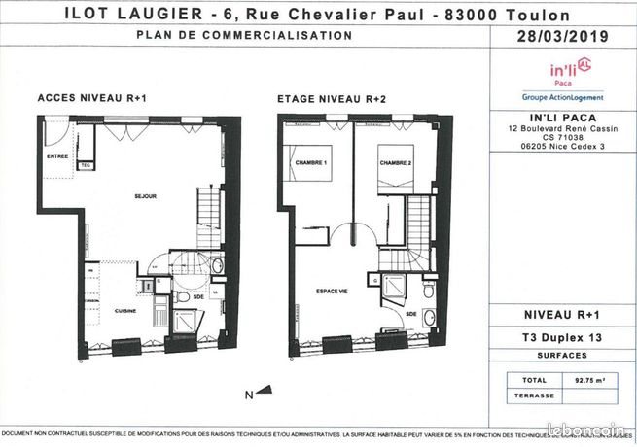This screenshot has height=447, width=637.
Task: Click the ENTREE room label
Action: point(56,155)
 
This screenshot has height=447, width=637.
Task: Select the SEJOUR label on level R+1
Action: point(145,196)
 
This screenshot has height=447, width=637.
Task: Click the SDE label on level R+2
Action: point(410,314)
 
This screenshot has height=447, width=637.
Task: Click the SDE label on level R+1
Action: point(198,296)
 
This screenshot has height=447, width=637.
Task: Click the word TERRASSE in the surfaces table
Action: point(538,395)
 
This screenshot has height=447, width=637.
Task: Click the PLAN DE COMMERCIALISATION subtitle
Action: point(244,35)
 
